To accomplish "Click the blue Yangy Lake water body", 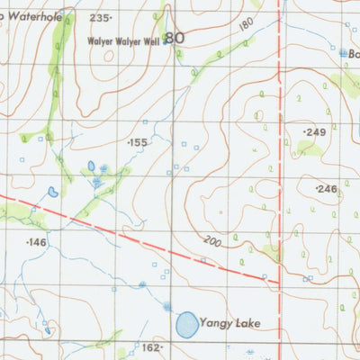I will point(187,324).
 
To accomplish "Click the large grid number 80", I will point(175,38).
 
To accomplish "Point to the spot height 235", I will point(101,18).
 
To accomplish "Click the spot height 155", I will point(138,143).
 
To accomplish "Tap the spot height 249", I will point(314,132).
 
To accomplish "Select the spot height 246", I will point(326,189).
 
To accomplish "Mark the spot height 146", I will point(36,243).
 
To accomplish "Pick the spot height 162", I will point(150,346).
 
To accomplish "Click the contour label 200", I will point(211,242).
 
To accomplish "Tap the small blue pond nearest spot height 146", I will point(54,192).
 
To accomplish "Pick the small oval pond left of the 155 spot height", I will point(91,166).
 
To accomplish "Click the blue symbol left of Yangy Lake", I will point(166,307).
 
